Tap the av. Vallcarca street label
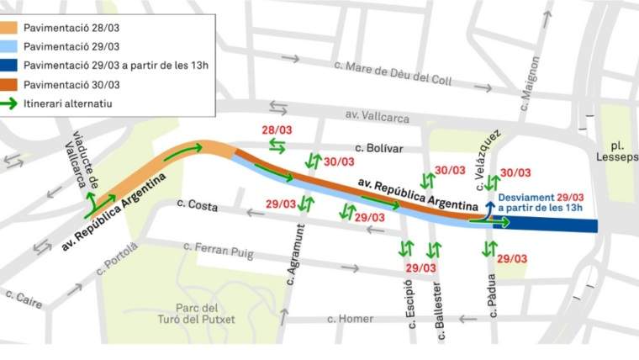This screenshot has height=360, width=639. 377,117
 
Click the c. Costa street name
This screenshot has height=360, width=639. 198,204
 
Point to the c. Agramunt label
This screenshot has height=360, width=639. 293,256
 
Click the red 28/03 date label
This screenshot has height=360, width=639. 276,130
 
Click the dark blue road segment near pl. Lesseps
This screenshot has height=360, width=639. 555,225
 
